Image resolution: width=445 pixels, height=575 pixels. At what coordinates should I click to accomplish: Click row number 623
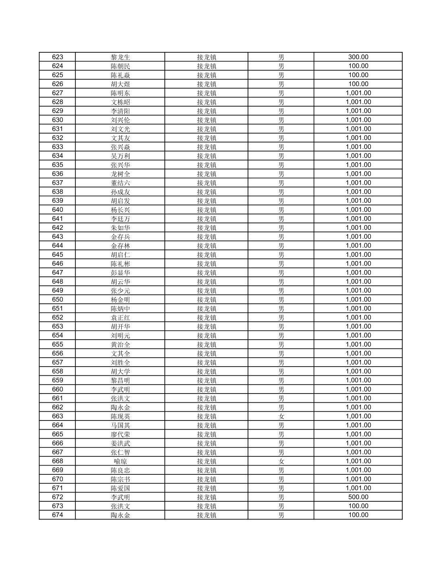(x=58, y=57)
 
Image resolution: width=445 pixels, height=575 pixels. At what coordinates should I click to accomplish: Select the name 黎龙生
(x=120, y=57)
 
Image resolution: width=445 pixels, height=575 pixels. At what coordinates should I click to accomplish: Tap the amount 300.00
(x=358, y=57)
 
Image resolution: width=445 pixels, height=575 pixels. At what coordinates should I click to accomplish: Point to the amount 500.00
(x=358, y=497)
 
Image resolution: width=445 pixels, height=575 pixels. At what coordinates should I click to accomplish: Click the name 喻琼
(x=120, y=461)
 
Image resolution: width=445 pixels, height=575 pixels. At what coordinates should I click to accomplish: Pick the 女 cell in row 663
(x=281, y=416)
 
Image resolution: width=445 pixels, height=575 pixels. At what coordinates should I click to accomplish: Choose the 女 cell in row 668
(x=281, y=461)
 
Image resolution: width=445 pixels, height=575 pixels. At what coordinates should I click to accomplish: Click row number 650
(x=58, y=299)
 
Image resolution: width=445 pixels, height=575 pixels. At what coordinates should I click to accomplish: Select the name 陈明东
(x=120, y=93)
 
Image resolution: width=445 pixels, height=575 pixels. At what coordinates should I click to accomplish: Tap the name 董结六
(x=120, y=183)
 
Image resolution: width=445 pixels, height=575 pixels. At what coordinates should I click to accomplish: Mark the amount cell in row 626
(x=358, y=84)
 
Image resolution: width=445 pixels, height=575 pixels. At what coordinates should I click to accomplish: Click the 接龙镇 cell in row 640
(x=207, y=210)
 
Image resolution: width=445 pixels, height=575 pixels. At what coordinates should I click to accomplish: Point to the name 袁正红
(x=120, y=317)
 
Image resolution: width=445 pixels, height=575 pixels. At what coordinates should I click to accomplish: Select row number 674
(x=58, y=515)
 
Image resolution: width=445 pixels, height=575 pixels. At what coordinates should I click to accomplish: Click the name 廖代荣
(x=120, y=434)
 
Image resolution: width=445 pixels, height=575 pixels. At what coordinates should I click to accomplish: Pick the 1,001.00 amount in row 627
(x=358, y=93)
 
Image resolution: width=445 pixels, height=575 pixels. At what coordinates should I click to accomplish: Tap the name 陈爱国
(x=120, y=488)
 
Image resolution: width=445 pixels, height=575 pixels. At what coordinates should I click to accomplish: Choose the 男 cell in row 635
(x=281, y=165)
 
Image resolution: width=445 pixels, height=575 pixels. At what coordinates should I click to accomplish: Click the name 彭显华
(x=120, y=272)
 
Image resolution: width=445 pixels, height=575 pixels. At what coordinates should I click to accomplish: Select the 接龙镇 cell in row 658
(x=207, y=371)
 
